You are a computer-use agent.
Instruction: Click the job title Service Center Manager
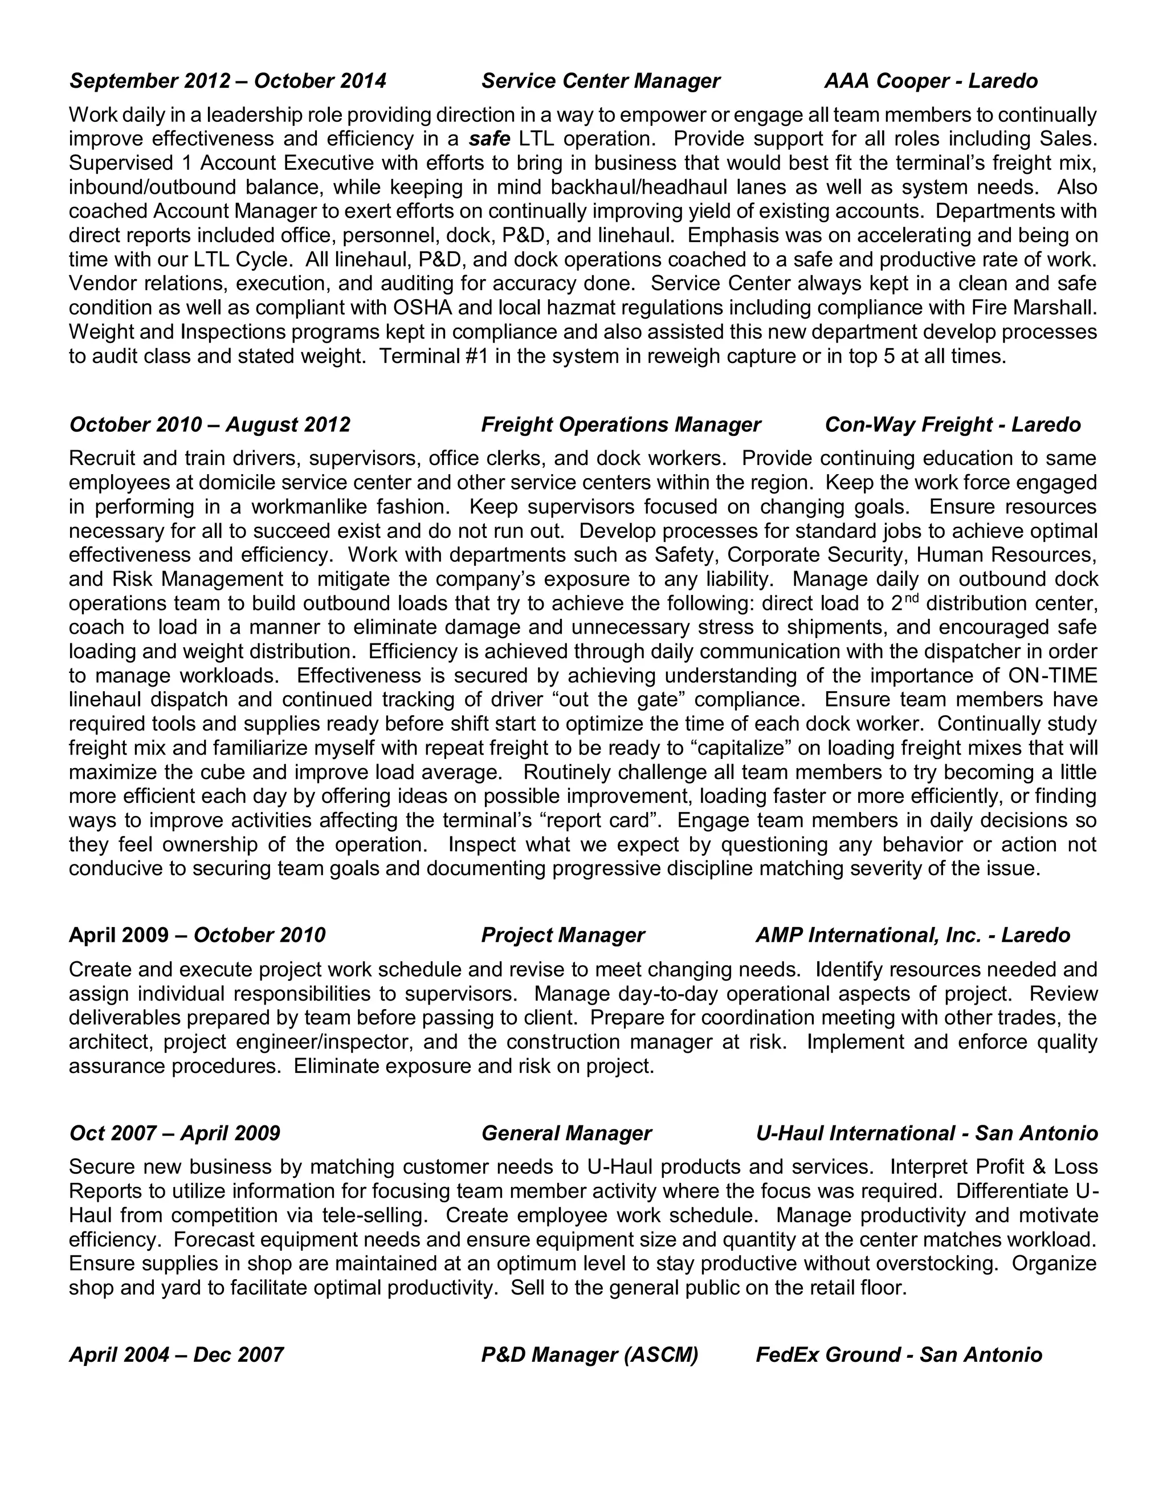point(600,81)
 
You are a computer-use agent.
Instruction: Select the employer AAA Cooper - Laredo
point(931,81)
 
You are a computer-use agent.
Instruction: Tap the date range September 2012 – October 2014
point(227,81)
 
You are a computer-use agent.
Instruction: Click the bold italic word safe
point(489,139)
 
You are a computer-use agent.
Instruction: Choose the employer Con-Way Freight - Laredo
point(952,425)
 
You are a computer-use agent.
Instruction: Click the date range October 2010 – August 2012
point(210,425)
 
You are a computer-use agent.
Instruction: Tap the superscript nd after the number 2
point(911,597)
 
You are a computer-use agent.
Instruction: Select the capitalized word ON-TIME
point(1052,675)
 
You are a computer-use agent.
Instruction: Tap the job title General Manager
point(565,1133)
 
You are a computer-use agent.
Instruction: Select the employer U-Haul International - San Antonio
point(927,1133)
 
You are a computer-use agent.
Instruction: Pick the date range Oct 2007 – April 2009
point(175,1133)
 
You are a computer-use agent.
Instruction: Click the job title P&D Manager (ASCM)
point(589,1354)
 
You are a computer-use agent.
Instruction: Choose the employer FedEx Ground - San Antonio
point(898,1354)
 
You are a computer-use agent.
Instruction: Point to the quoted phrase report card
point(599,821)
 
